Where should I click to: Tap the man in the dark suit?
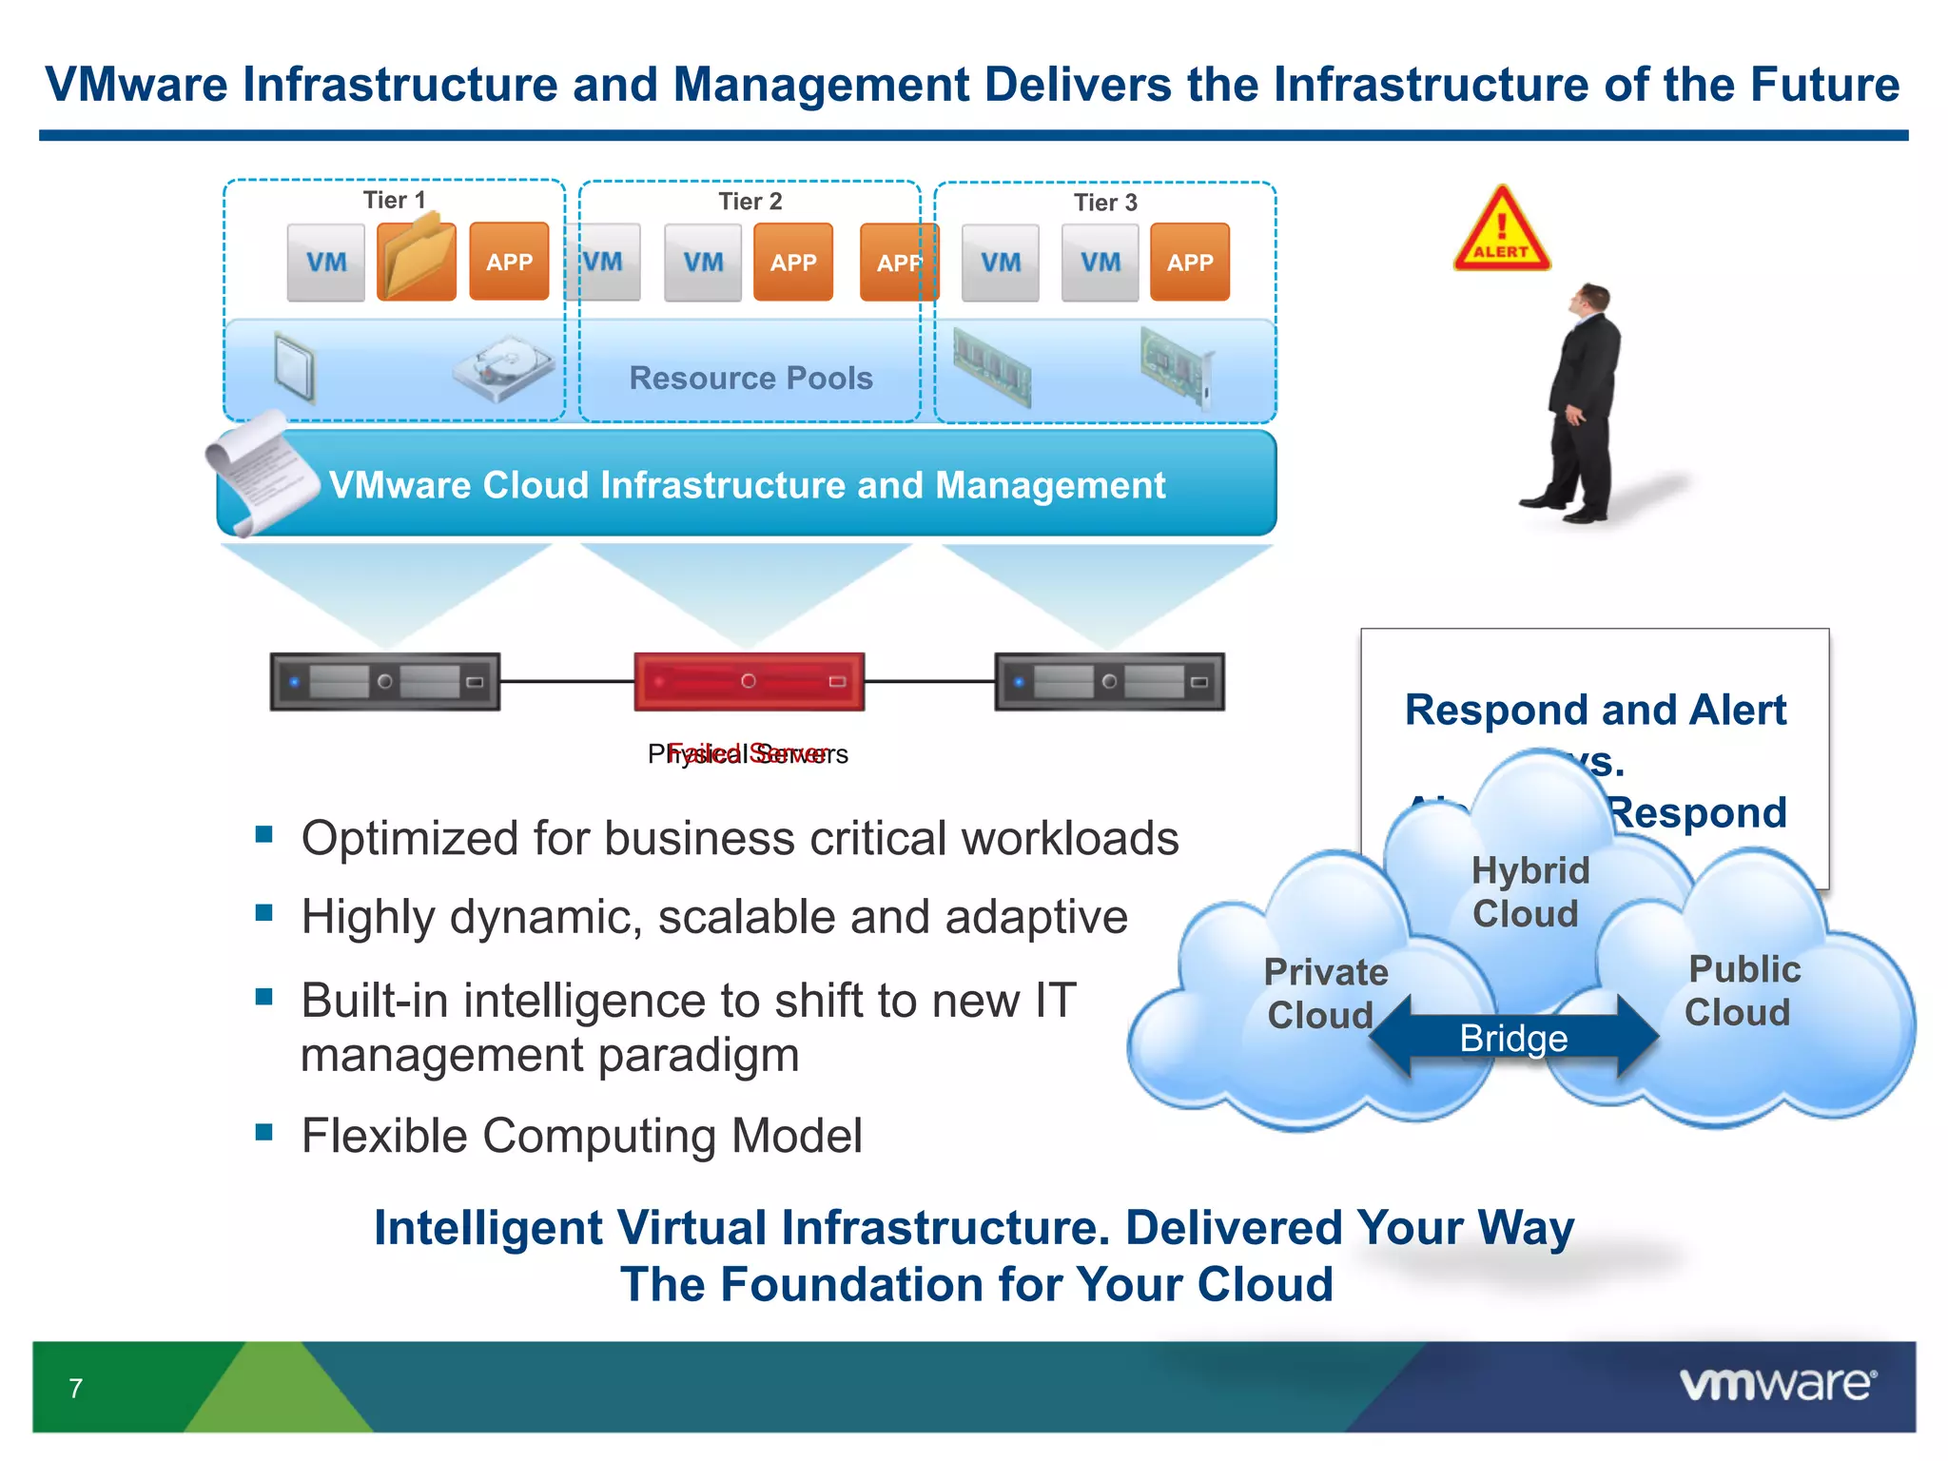(1580, 404)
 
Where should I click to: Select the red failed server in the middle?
(749, 681)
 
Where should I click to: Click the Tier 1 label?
(394, 200)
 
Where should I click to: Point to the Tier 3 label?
(1105, 203)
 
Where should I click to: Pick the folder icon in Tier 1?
(416, 259)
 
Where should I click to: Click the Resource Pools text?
(750, 378)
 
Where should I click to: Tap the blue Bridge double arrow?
(1513, 1038)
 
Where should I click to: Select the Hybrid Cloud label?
(1529, 891)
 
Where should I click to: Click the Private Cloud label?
(1324, 993)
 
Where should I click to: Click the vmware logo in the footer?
(1778, 1385)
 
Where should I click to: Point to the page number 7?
(75, 1389)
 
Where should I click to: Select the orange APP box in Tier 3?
(1189, 263)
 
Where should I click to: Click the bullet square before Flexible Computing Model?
(264, 1132)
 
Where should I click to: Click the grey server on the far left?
(384, 681)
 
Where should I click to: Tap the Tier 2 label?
(750, 202)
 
